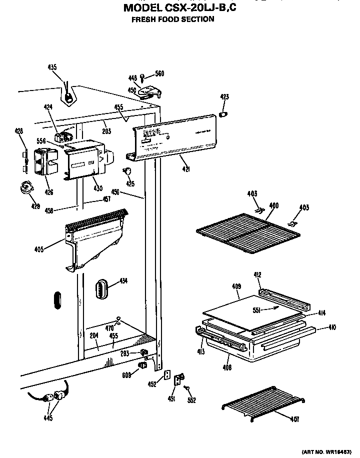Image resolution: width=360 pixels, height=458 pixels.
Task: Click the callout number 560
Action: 159,74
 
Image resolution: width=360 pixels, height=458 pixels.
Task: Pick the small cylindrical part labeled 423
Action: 224,114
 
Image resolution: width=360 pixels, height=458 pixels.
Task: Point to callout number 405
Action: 52,248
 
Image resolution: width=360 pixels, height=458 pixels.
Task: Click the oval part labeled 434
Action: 102,289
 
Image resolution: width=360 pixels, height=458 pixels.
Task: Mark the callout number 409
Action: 236,286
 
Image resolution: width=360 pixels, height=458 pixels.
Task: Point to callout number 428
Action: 19,131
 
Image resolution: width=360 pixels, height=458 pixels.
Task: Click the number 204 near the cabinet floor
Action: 93,336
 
